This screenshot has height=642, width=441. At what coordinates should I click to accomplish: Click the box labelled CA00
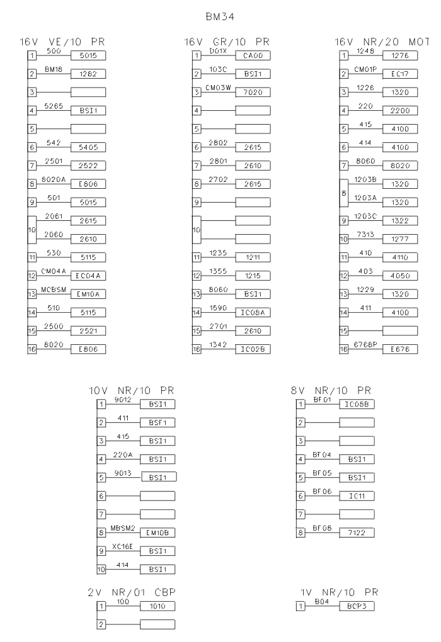pyautogui.click(x=253, y=56)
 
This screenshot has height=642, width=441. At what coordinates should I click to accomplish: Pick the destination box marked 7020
pyautogui.click(x=253, y=93)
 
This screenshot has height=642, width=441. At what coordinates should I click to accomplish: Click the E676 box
pyautogui.click(x=400, y=349)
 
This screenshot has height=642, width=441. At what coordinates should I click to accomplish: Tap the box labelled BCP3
pyautogui.click(x=357, y=606)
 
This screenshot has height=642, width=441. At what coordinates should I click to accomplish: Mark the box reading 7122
pyautogui.click(x=357, y=533)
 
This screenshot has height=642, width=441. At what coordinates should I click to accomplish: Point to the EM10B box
pyautogui.click(x=157, y=533)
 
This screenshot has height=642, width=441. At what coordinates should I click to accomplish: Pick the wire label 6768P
pyautogui.click(x=366, y=344)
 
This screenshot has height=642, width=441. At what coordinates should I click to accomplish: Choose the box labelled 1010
pyautogui.click(x=157, y=606)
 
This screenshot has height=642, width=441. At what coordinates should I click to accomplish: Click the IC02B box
pyautogui.click(x=253, y=349)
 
